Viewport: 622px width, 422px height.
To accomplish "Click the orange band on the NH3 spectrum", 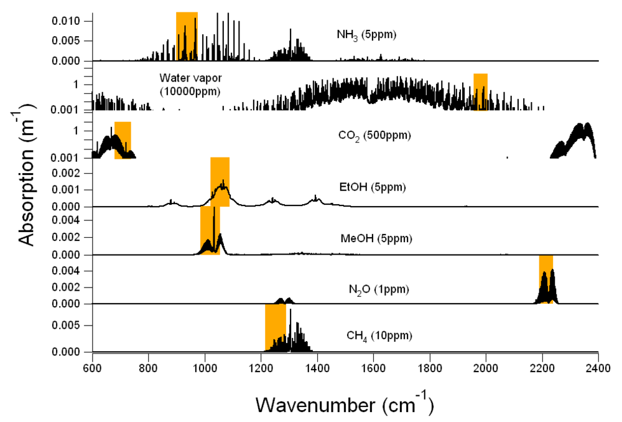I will (187, 36).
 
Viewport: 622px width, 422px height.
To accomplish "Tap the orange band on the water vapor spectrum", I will (480, 91).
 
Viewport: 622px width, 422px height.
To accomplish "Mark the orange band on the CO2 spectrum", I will (123, 140).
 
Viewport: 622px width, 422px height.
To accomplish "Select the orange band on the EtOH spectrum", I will (220, 181).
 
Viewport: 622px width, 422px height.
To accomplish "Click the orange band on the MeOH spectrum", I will (210, 230).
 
